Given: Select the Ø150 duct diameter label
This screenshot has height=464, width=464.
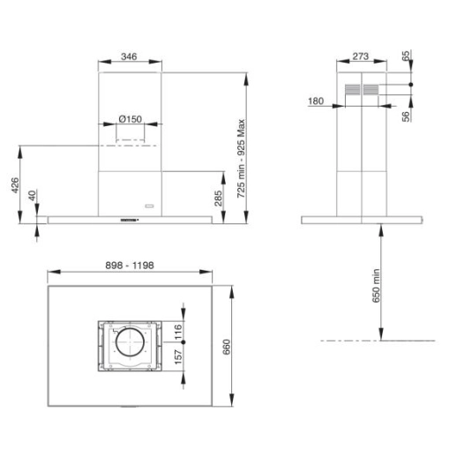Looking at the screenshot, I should point(131,119).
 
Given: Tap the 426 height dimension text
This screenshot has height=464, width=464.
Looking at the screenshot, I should point(14,186).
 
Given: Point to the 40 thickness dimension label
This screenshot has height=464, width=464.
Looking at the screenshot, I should point(33,198).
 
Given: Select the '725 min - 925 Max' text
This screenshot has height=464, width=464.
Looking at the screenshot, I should point(253,147).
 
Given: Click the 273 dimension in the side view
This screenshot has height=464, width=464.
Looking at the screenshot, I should point(360,56).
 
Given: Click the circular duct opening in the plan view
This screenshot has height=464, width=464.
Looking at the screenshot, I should point(131,346).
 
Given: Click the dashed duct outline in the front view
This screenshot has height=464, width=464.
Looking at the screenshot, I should point(131,140).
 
